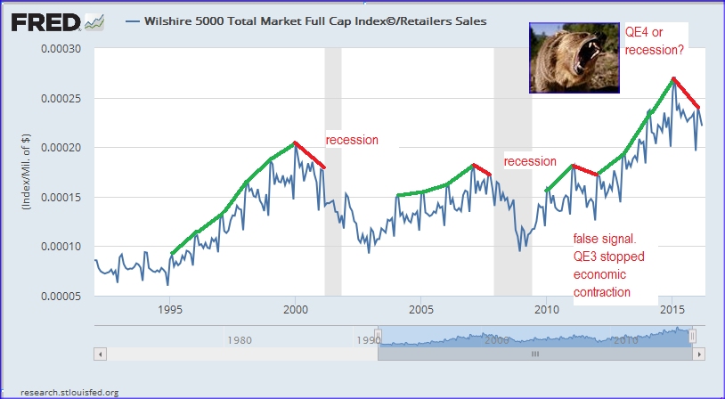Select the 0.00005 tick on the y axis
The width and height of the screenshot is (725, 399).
click(63, 296)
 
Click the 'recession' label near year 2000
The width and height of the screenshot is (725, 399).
click(351, 141)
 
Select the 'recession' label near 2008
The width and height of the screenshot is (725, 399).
click(530, 162)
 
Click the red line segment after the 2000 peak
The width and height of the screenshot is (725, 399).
click(310, 155)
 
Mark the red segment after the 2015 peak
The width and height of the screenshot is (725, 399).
click(686, 93)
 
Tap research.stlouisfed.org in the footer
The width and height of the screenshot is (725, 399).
click(61, 391)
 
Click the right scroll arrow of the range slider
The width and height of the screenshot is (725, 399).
click(700, 354)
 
